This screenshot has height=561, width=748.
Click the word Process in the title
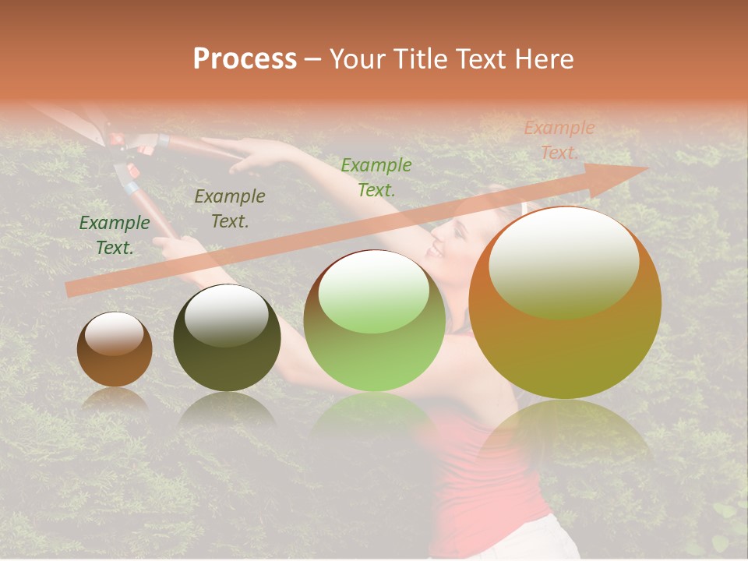245,59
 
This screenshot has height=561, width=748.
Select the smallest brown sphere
115,349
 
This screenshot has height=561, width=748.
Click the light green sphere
375,320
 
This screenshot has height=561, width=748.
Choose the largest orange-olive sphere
565,303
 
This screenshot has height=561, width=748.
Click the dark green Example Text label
115,235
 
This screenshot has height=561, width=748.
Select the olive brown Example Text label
229,209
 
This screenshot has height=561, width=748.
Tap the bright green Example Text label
376,177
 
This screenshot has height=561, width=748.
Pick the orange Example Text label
559,140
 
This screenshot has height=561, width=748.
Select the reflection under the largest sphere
565,436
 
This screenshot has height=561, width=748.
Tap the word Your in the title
358,59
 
